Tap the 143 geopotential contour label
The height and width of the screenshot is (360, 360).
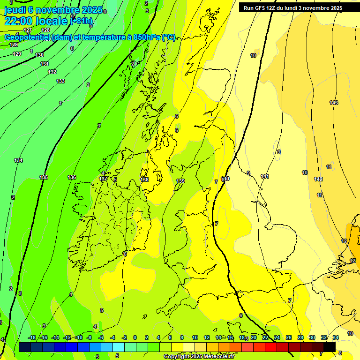(x=334, y=103)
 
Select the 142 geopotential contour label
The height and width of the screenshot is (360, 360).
(x=318, y=180)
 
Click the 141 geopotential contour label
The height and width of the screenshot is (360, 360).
(x=265, y=176)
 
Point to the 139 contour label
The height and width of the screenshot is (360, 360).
(x=180, y=181)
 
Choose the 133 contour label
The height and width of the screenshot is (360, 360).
(x=60, y=81)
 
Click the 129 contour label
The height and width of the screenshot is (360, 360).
(x=17, y=54)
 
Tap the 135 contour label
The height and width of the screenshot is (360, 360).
(x=44, y=177)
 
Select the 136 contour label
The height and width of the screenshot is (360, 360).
(x=72, y=177)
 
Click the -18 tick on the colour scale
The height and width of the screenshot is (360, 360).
(x=32, y=337)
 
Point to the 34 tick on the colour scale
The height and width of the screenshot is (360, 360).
(x=336, y=337)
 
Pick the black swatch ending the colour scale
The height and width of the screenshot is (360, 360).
(x=330, y=347)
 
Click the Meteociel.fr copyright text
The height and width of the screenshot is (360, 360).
(x=199, y=357)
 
